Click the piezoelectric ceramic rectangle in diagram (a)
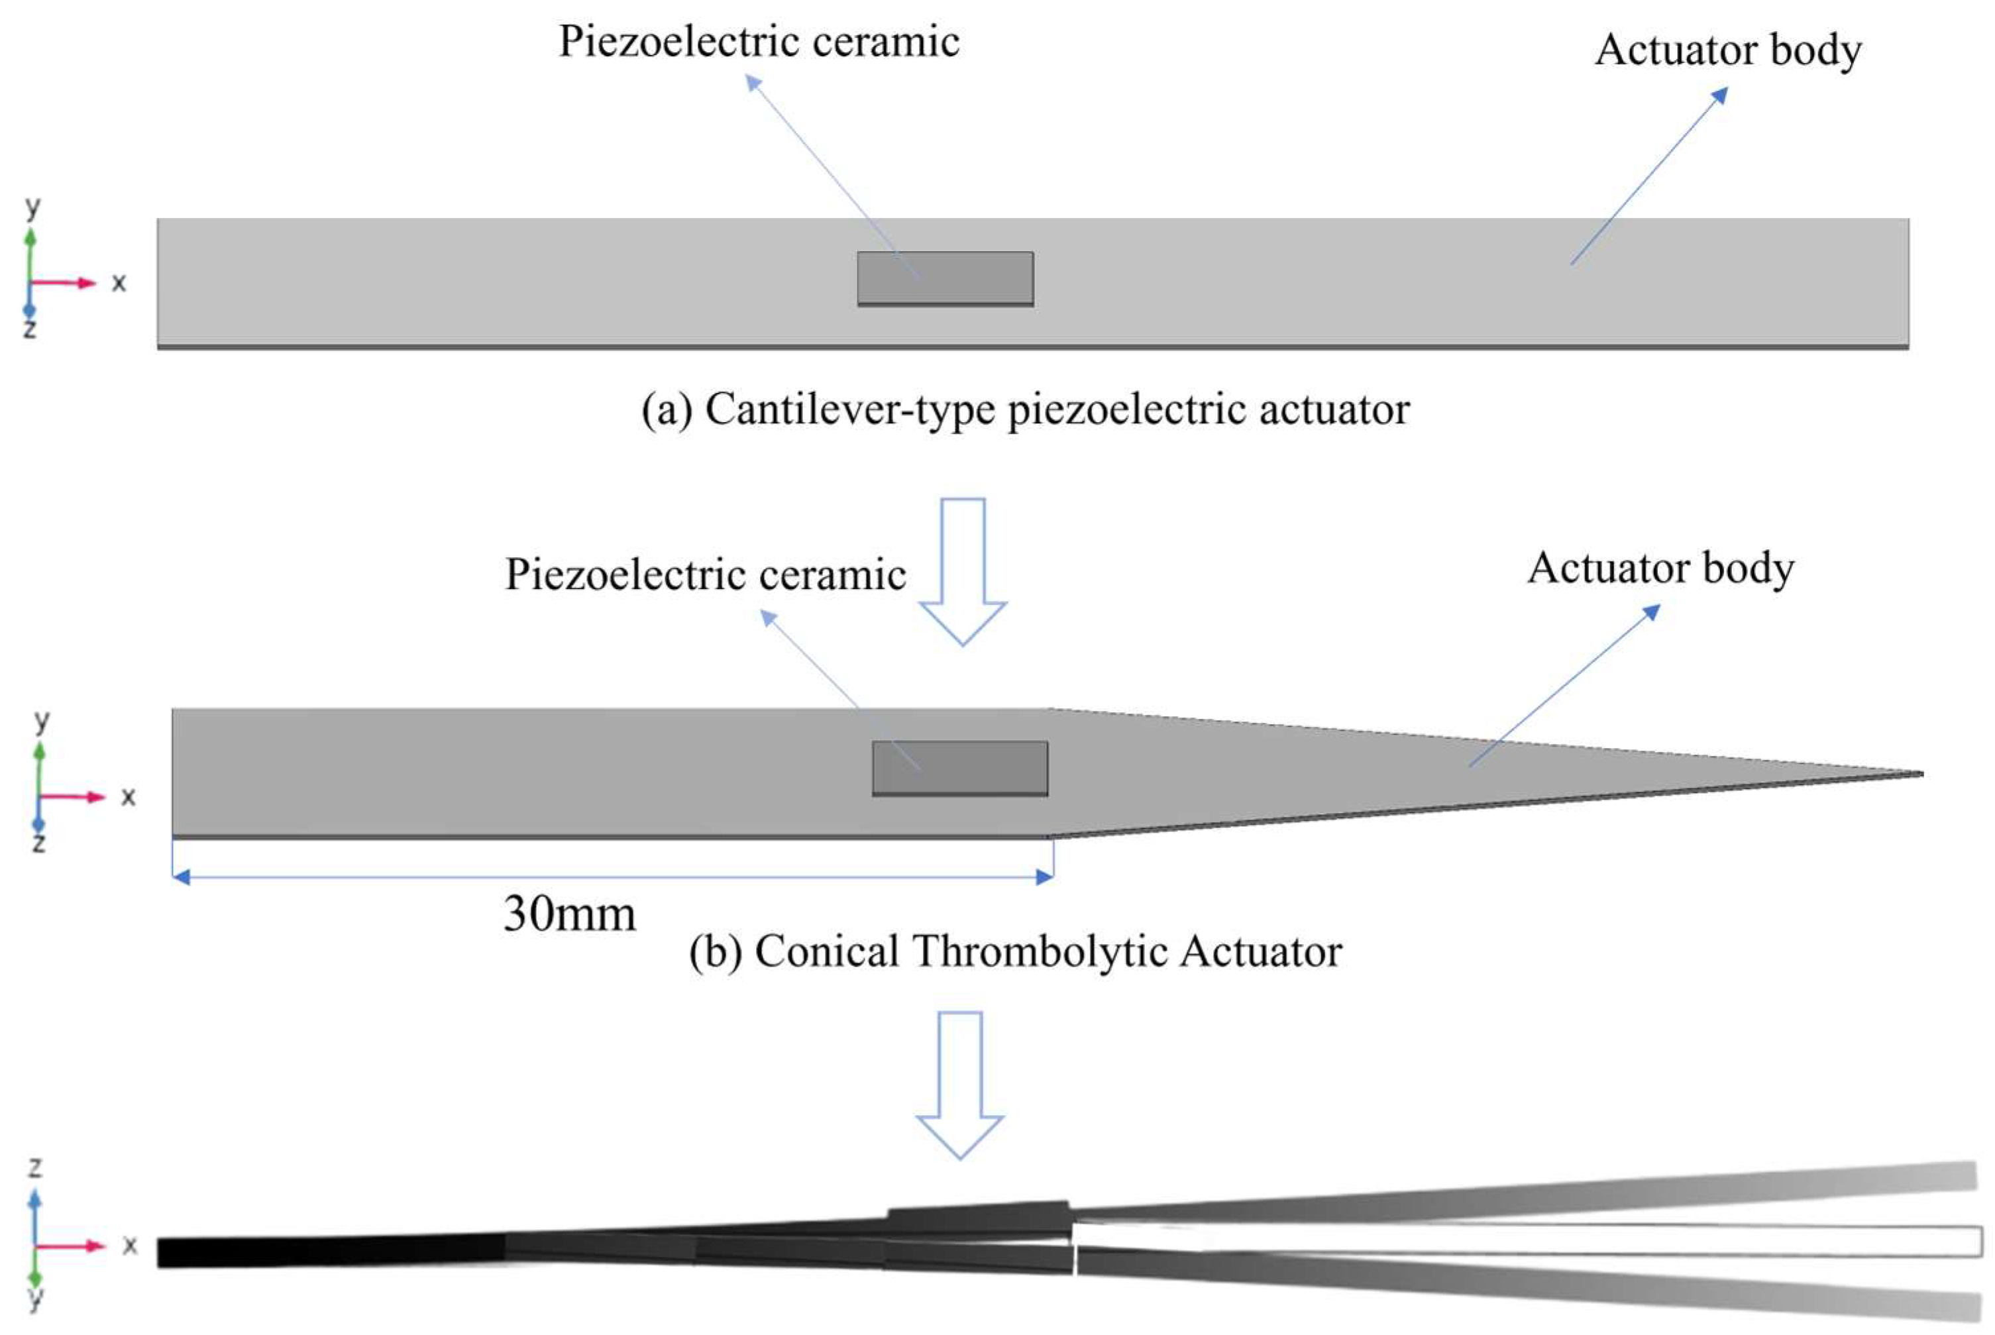pos(945,278)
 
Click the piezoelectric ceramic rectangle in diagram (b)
pos(959,767)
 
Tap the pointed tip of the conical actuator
pos(1919,774)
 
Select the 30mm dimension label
pos(568,914)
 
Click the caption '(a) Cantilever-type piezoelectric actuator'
pos(1025,409)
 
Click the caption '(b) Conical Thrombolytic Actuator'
pos(1015,951)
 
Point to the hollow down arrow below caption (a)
pos(963,570)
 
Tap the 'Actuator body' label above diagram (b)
pos(1660,567)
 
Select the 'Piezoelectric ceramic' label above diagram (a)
pos(759,41)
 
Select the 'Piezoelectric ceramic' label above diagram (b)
pos(705,574)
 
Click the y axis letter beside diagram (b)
pos(42,720)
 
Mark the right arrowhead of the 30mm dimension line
pos(1044,877)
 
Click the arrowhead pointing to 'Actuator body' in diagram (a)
pos(1720,95)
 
